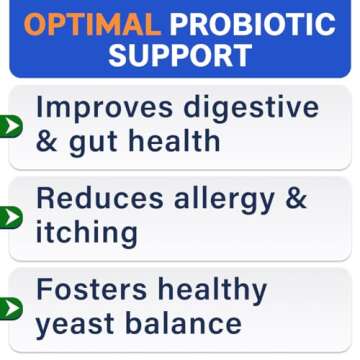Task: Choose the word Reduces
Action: (x=101, y=199)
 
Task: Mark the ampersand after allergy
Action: (x=295, y=199)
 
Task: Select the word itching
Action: (x=86, y=234)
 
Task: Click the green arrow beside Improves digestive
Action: (x=10, y=126)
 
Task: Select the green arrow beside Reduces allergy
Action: (x=10, y=217)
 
